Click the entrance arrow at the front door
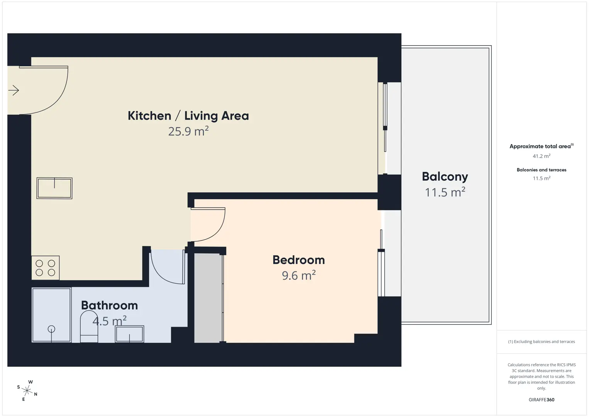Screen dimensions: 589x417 pyautogui.click(x=14, y=90)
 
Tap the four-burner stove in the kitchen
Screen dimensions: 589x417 pyautogui.click(x=46, y=268)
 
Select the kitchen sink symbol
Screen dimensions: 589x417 pyautogui.click(x=54, y=188)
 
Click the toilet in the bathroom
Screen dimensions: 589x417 pyautogui.click(x=89, y=327)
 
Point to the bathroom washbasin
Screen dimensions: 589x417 pyautogui.click(x=129, y=334)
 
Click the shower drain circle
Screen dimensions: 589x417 pyautogui.click(x=51, y=329)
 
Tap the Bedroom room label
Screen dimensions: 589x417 pyautogui.click(x=299, y=260)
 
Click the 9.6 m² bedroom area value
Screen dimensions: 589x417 pyautogui.click(x=299, y=275)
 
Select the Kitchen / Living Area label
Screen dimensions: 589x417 pyautogui.click(x=188, y=116)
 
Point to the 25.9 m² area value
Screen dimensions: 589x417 pyautogui.click(x=188, y=131)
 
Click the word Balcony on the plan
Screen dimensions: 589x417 pyautogui.click(x=445, y=177)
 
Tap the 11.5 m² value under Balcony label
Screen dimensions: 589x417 pyautogui.click(x=445, y=192)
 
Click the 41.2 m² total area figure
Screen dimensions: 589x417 pyautogui.click(x=542, y=156)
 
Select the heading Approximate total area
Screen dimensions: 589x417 pyautogui.click(x=542, y=146)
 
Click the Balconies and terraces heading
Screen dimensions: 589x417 pyautogui.click(x=542, y=170)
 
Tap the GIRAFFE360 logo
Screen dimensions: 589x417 pyautogui.click(x=542, y=400)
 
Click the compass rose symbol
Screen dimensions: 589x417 pyautogui.click(x=27, y=390)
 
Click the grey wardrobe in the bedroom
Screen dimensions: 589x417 pyautogui.click(x=208, y=298)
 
